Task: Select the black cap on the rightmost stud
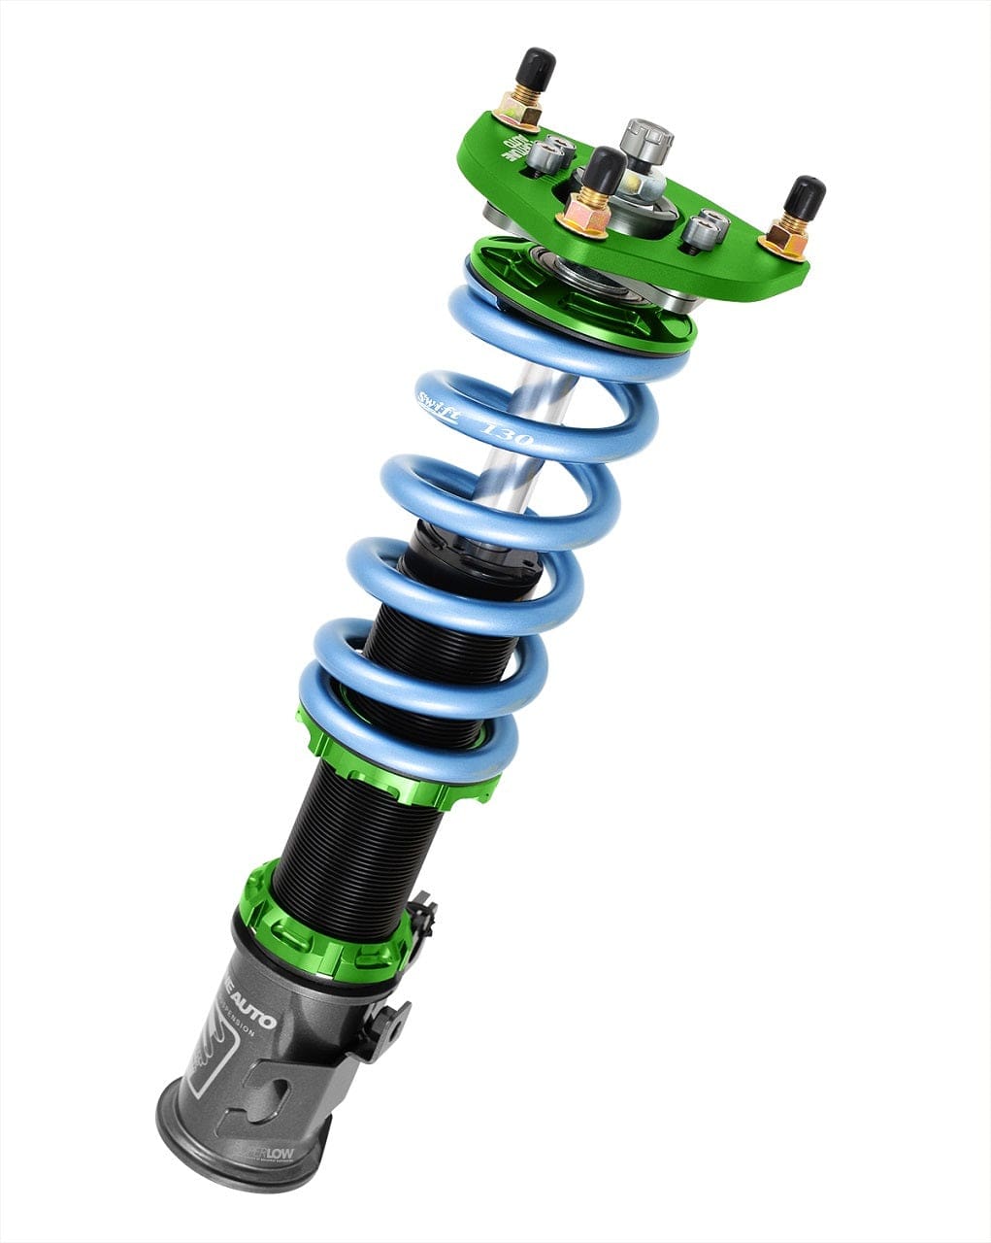(806, 197)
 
